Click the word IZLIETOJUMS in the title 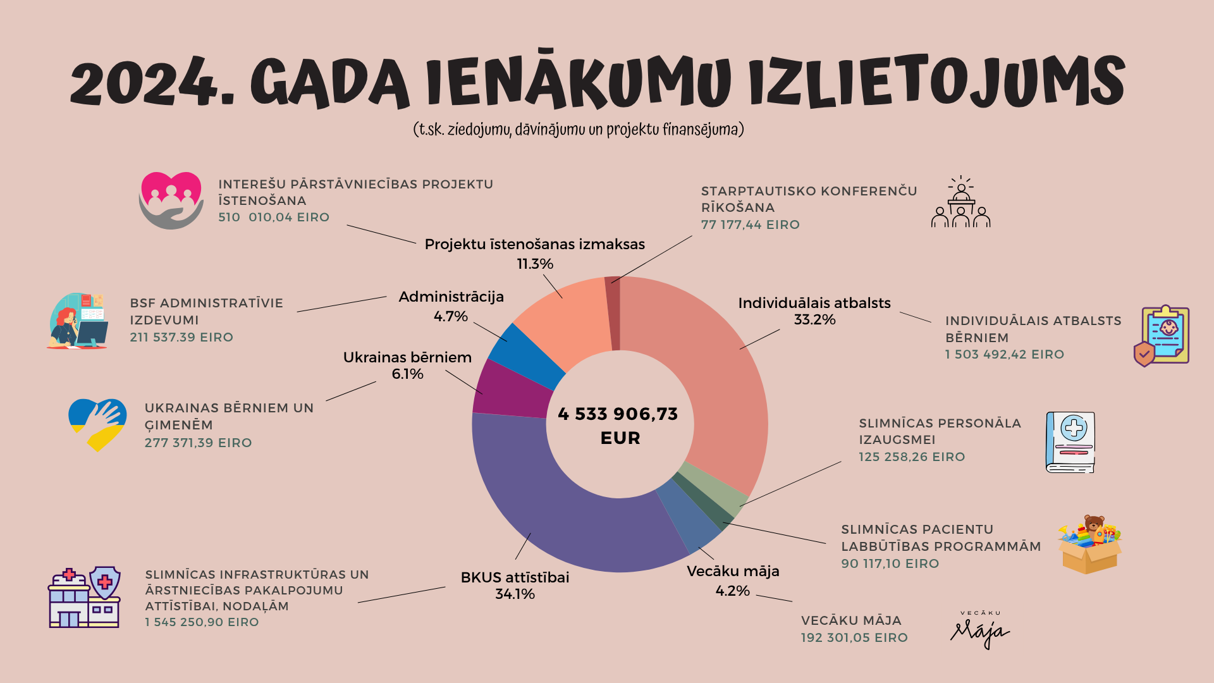[x=936, y=82]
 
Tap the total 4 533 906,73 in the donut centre [x=618, y=414]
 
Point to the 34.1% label [x=515, y=594]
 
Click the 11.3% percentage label [x=535, y=264]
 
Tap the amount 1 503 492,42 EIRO [x=1004, y=355]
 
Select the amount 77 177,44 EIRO [x=750, y=225]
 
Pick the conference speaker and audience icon [x=960, y=202]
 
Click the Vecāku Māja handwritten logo [x=979, y=630]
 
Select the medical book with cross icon [x=1070, y=443]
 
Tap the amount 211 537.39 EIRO [x=181, y=338]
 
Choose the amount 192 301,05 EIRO [x=854, y=638]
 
